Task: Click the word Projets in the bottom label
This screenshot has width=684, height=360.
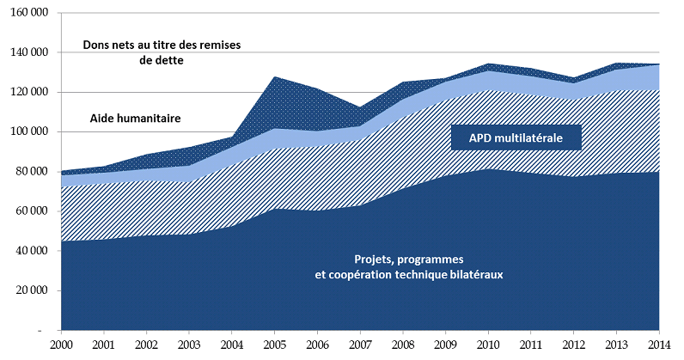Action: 375,259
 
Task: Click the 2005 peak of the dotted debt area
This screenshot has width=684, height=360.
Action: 274,78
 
